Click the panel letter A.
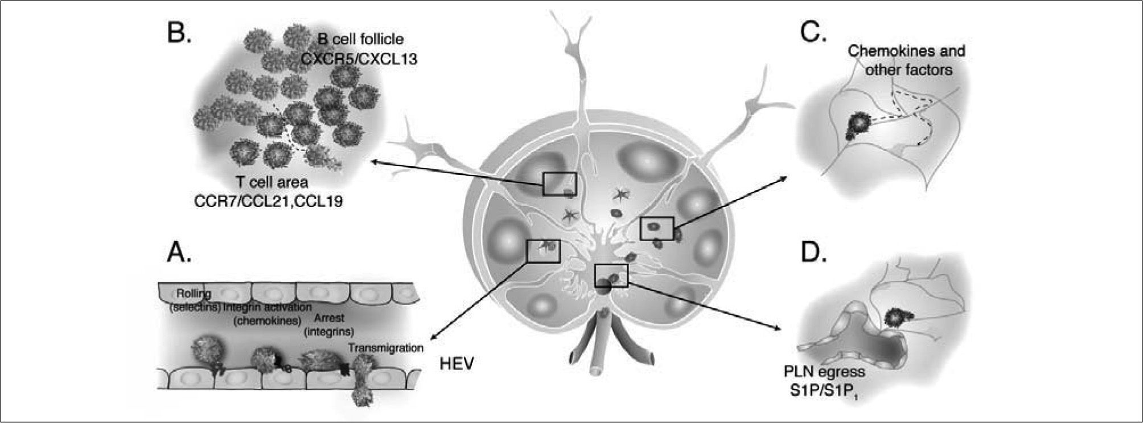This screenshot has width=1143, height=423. coord(179,251)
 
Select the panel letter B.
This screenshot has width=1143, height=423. coord(179,33)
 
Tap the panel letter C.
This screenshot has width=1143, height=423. coord(813,33)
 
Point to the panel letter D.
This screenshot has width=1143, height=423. coord(813,251)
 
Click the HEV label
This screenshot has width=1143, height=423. coord(457,364)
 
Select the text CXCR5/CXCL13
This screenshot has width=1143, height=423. coord(359,58)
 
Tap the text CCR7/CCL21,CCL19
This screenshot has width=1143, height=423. coord(269,201)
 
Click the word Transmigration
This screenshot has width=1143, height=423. coord(385,348)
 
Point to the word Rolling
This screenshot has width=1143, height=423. coord(194,294)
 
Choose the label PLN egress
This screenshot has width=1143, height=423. coord(824,372)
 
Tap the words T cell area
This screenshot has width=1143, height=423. coord(272,182)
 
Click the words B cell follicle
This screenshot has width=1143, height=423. coord(361,39)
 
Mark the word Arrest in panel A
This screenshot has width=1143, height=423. coord(329,318)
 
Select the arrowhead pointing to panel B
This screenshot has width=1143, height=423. coord(373,162)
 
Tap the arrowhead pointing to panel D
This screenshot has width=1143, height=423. coord(777,328)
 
